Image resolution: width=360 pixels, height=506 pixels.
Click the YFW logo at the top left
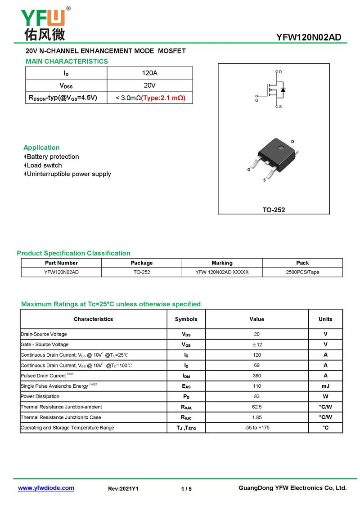tap(43, 23)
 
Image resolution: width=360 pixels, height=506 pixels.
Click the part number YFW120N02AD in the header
tap(309, 37)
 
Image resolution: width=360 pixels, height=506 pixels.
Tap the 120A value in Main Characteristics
tap(149, 73)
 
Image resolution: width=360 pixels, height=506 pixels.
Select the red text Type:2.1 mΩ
tap(163, 98)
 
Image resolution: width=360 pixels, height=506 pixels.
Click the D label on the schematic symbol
tap(280, 72)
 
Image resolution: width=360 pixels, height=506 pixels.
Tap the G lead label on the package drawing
tap(249, 170)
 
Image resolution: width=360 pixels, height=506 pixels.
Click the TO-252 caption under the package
tap(274, 210)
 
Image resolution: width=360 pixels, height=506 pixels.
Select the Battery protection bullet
tap(53, 157)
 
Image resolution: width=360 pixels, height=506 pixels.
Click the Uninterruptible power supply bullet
tap(68, 174)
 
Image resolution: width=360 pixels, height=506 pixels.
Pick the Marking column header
tap(222, 263)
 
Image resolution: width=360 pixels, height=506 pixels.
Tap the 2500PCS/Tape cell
tap(302, 272)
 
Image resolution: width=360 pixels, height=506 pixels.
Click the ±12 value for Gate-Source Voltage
tap(256, 345)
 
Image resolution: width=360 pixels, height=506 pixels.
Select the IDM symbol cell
tap(186, 376)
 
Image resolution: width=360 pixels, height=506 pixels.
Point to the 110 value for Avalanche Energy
tap(256, 386)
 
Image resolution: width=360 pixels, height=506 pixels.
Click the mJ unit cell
tap(325, 386)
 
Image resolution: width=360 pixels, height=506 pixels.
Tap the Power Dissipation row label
tap(40, 396)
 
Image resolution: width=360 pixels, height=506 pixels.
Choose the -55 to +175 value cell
tap(256, 428)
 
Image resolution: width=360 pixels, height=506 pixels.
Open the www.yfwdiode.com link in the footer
tap(46, 488)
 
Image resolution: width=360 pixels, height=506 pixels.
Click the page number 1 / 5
tap(186, 488)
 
